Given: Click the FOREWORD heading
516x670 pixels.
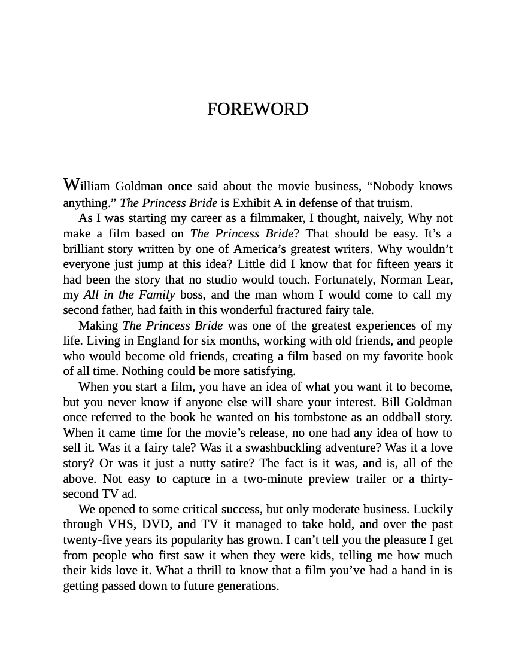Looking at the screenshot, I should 257,109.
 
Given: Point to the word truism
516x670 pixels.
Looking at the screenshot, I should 395,202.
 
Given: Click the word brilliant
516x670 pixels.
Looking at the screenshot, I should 85,248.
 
